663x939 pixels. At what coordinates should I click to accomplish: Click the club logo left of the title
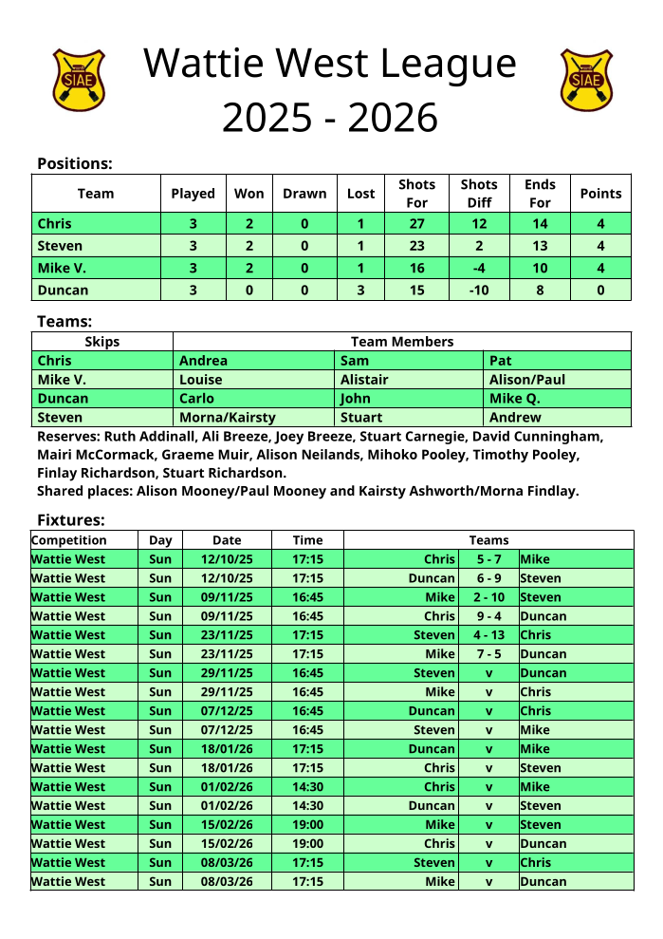(x=79, y=80)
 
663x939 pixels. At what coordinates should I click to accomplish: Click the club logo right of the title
(x=586, y=80)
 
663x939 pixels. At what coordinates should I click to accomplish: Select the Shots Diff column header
(x=479, y=193)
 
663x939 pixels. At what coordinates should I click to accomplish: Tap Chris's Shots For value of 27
(x=416, y=224)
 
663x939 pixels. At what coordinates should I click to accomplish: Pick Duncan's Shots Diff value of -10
(x=479, y=291)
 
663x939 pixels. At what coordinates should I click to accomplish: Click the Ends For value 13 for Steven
(x=540, y=246)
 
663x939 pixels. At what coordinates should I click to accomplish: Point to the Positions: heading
(x=75, y=163)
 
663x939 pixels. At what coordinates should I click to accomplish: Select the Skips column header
(x=102, y=341)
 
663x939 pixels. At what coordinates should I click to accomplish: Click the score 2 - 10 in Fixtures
(x=488, y=597)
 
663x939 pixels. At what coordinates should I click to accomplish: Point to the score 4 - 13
(x=488, y=635)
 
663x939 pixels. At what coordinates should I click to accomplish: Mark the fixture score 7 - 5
(x=488, y=654)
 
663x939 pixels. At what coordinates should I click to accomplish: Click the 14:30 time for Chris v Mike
(x=307, y=787)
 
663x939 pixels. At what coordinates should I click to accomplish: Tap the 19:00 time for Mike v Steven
(x=307, y=825)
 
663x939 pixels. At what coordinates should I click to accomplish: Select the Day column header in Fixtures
(x=160, y=540)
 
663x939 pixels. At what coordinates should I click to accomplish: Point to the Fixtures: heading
(x=71, y=519)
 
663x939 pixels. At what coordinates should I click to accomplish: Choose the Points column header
(x=600, y=193)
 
